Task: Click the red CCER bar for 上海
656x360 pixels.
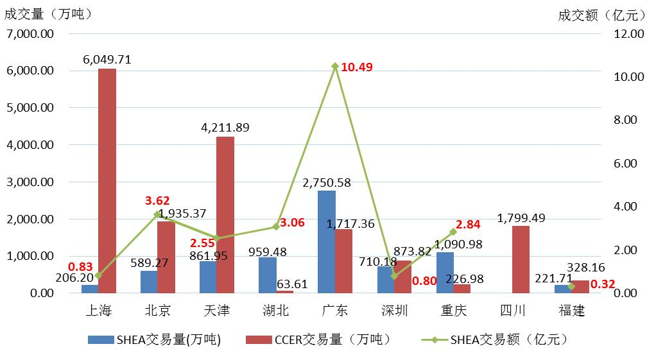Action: pos(107,180)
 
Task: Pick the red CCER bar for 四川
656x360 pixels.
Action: pos(521,259)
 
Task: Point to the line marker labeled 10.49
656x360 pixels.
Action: pos(335,66)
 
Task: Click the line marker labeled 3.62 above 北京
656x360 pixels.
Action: pos(157,214)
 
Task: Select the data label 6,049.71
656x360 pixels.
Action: pos(107,59)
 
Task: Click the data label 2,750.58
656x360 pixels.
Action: pos(327,182)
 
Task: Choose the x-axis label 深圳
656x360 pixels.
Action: pos(393,311)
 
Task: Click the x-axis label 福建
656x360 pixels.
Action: pos(571,311)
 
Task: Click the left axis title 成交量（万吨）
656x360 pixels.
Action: pos(49,13)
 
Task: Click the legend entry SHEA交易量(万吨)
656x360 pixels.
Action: pos(154,340)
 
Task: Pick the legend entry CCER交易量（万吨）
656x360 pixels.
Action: pos(318,340)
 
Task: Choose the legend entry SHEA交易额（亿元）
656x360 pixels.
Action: pos(495,340)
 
